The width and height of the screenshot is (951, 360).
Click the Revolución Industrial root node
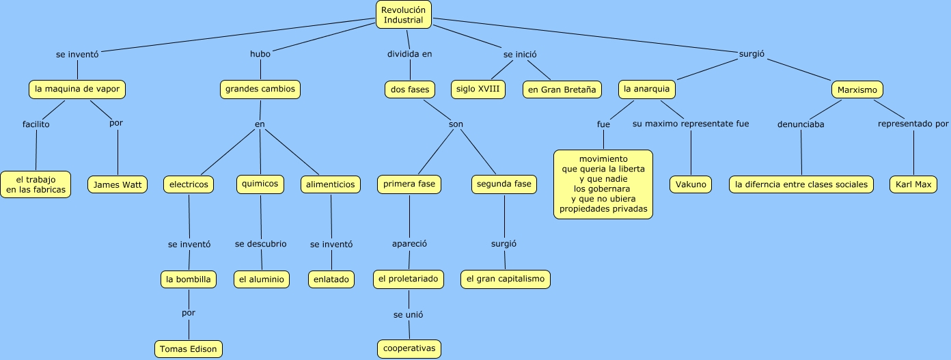pyautogui.click(x=404, y=15)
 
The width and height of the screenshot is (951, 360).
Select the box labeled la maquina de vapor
pyautogui.click(x=78, y=89)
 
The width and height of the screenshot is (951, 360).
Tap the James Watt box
pyautogui.click(x=118, y=184)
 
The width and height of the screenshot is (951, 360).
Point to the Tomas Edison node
pyautogui.click(x=188, y=349)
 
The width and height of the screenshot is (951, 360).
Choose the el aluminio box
pyautogui.click(x=261, y=279)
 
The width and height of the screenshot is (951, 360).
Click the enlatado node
pyautogui.click(x=331, y=279)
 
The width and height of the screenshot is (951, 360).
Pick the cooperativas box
pyautogui.click(x=409, y=348)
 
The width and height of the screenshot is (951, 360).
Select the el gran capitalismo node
pyautogui.click(x=505, y=279)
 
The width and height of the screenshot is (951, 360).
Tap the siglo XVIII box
pyautogui.click(x=478, y=89)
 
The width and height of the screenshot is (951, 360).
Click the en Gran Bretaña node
pyautogui.click(x=562, y=89)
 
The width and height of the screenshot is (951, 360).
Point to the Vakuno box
pyautogui.click(x=691, y=184)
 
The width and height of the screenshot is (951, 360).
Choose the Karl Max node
pyautogui.click(x=913, y=184)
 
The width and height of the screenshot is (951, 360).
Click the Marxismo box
pyautogui.click(x=857, y=89)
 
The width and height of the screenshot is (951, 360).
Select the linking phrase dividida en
pyautogui.click(x=410, y=54)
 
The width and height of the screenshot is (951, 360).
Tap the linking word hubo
pyautogui.click(x=260, y=54)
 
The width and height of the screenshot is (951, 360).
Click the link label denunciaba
pyautogui.click(x=801, y=124)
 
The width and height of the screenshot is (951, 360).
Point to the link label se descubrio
pyautogui.click(x=261, y=244)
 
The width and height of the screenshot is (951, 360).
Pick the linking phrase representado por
pyautogui.click(x=913, y=124)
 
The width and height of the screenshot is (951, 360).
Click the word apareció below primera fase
pyautogui.click(x=409, y=244)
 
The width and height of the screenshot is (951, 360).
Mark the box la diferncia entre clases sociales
pyautogui.click(x=801, y=184)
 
